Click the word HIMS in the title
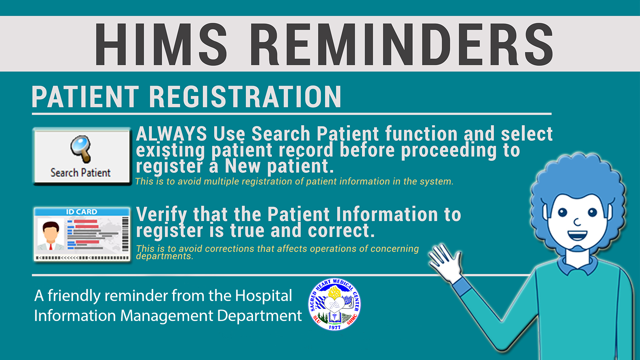161,44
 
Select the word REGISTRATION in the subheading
245,97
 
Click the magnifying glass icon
81,149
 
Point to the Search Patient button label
80,173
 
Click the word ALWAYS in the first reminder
171,134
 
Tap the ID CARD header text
81,212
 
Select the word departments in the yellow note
165,256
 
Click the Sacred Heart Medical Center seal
334,304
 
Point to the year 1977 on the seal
334,327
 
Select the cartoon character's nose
577,222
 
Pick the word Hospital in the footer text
263,296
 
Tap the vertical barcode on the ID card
125,234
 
